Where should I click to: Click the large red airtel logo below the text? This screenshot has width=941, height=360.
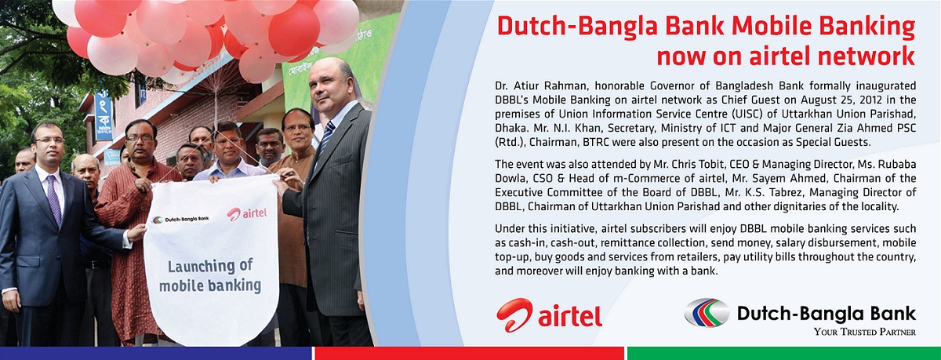click(x=549, y=315)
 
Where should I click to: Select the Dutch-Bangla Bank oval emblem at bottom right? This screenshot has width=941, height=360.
click(x=707, y=312)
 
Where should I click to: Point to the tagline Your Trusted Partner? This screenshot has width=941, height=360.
click(x=864, y=332)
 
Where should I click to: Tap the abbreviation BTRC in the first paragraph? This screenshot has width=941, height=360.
click(x=596, y=142)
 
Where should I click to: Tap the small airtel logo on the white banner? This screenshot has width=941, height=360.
click(x=247, y=214)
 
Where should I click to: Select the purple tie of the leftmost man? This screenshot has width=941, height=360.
click(x=54, y=199)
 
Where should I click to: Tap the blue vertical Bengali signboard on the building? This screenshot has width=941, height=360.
click(x=104, y=115)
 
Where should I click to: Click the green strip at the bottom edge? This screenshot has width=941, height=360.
click(x=784, y=353)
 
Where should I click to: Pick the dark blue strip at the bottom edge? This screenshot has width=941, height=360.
click(x=156, y=353)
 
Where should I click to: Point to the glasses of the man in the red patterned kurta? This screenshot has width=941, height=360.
click(x=140, y=137)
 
